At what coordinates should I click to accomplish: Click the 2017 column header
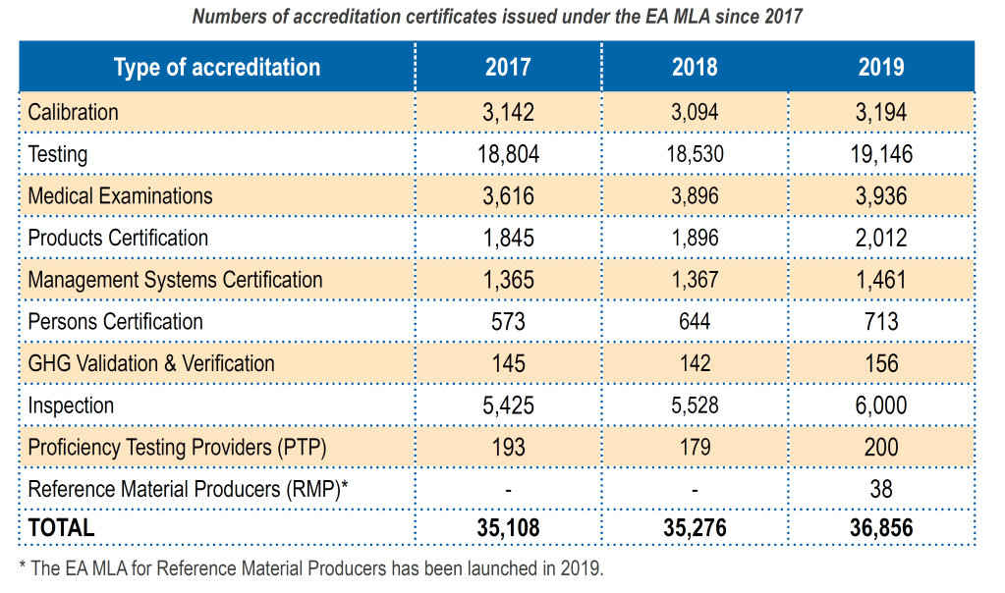point(508,67)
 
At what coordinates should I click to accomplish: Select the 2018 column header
point(695,67)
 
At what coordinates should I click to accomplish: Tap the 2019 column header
point(881,67)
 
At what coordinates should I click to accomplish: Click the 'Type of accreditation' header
point(217,67)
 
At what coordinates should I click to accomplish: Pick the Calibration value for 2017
point(508,112)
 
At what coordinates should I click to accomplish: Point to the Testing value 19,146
point(881,154)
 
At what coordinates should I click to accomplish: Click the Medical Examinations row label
point(120,196)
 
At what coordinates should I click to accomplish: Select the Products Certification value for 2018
point(695,238)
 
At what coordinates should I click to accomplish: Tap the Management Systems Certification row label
point(175,280)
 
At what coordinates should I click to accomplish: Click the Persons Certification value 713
point(881,322)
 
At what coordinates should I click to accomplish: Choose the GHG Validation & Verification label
point(151,363)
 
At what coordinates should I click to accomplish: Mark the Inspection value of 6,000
point(881,405)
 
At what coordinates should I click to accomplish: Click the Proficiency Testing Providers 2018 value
point(695,448)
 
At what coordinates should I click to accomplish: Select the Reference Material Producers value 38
point(881,489)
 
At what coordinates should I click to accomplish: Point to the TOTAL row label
point(61,527)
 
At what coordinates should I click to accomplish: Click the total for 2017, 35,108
point(508,528)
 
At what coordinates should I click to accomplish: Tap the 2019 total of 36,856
point(881,528)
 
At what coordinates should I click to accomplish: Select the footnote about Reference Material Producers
point(310,568)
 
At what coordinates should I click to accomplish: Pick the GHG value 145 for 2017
point(508,363)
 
